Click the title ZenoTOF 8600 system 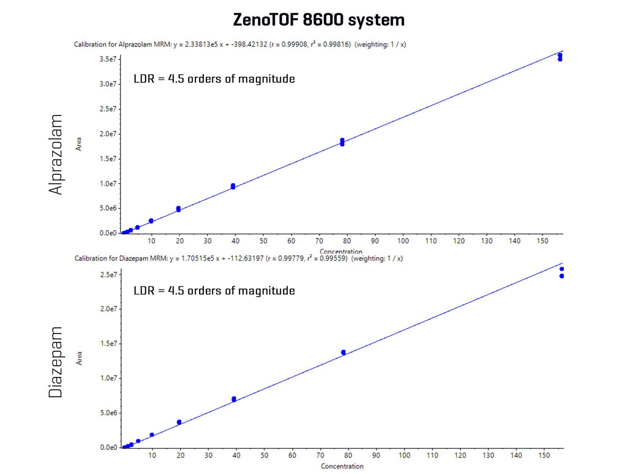pyautogui.click(x=319, y=20)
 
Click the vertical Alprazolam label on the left pyautogui.click(x=56, y=154)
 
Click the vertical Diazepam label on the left pyautogui.click(x=56, y=363)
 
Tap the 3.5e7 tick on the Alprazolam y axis pyautogui.click(x=108, y=59)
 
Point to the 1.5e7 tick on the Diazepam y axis pyautogui.click(x=109, y=344)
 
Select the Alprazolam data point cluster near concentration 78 pyautogui.click(x=342, y=142)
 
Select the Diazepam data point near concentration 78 pyautogui.click(x=343, y=352)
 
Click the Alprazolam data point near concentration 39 pyautogui.click(x=233, y=187)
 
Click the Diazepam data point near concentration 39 pyautogui.click(x=234, y=399)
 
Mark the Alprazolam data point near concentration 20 pyautogui.click(x=178, y=209)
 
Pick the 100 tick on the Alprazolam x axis pyautogui.click(x=403, y=241)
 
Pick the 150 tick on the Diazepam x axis pyautogui.click(x=544, y=456)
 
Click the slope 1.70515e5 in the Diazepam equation pyautogui.click(x=197, y=259)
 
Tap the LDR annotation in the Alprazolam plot pyautogui.click(x=214, y=79)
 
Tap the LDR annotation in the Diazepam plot pyautogui.click(x=214, y=291)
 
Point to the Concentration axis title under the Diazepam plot pyautogui.click(x=342, y=466)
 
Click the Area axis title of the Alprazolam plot pyautogui.click(x=79, y=144)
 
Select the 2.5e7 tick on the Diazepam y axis pyautogui.click(x=109, y=275)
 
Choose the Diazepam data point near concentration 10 pyautogui.click(x=152, y=435)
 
